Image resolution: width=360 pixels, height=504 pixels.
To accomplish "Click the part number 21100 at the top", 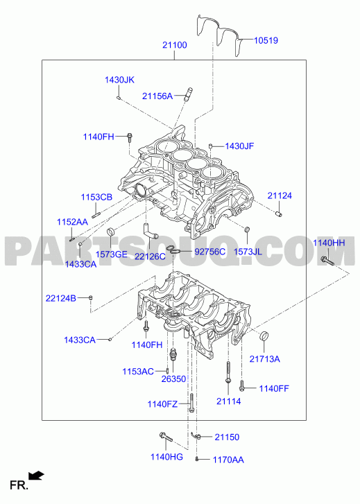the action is [x=174, y=45].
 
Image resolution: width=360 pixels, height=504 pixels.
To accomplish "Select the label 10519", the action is [x=266, y=40].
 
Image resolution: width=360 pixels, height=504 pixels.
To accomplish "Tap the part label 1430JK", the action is [x=119, y=80].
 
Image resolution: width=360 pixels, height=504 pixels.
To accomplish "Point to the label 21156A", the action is [x=157, y=96].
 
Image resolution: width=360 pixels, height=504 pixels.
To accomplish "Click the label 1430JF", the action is [x=239, y=146].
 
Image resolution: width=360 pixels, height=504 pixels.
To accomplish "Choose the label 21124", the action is [x=280, y=195].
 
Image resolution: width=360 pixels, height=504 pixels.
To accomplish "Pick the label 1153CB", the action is [x=96, y=197].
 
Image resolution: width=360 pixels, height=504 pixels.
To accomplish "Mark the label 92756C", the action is [x=209, y=252].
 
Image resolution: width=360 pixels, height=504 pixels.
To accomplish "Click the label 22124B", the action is [x=61, y=298].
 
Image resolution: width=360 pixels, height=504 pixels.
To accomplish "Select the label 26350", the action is [x=173, y=379].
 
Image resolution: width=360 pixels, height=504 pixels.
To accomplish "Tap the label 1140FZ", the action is [x=162, y=404].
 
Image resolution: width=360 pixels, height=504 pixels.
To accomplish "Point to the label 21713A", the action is [x=264, y=358].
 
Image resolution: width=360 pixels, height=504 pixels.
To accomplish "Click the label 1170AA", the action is [x=228, y=460].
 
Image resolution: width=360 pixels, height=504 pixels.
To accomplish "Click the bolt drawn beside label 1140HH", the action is [x=327, y=261].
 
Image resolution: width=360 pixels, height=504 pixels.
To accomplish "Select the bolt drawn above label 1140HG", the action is [x=166, y=437].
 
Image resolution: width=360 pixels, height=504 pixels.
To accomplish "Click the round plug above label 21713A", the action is [x=264, y=335].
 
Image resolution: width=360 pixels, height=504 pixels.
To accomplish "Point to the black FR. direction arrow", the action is [x=36, y=475].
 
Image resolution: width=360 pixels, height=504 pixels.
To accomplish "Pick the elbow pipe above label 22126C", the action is [x=150, y=231].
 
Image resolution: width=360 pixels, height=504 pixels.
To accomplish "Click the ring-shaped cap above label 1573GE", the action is [x=111, y=231].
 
